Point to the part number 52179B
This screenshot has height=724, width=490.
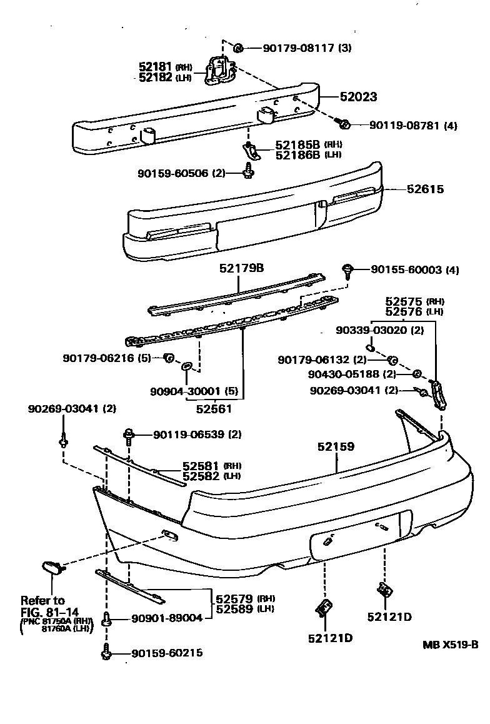pyautogui.click(x=241, y=268)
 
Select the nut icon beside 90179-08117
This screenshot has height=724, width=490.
pyautogui.click(x=238, y=48)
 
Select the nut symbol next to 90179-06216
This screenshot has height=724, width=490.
pyautogui.click(x=167, y=358)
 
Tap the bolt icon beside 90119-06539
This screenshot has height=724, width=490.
pyautogui.click(x=129, y=433)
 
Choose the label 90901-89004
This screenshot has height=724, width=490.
pyautogui.click(x=167, y=618)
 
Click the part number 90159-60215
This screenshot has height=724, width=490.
pyautogui.click(x=167, y=653)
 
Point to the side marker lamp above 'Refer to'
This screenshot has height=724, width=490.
pyautogui.click(x=51, y=567)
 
